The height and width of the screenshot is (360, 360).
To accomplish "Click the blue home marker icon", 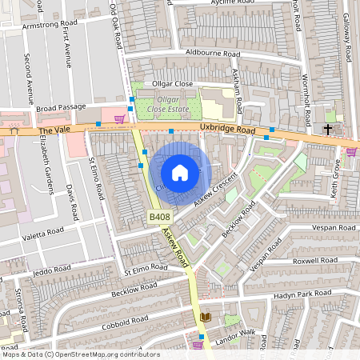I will [x=180, y=172].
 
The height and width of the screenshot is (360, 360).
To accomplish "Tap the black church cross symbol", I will [x=328, y=129].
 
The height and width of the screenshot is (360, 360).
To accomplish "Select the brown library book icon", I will [x=205, y=318].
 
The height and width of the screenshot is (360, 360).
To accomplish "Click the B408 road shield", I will [x=158, y=217].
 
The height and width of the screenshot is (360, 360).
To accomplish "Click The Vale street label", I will [x=55, y=129].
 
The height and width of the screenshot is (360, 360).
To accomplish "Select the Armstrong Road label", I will [x=54, y=25].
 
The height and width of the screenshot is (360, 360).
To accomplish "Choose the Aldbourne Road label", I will [x=212, y=53].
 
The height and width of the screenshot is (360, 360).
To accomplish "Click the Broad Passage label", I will [x=59, y=107].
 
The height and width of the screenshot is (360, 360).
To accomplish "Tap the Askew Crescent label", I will [x=216, y=189].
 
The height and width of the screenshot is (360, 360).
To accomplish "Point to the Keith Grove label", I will [x=337, y=179].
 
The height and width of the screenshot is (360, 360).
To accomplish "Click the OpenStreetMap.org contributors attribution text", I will [x=104, y=354].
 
